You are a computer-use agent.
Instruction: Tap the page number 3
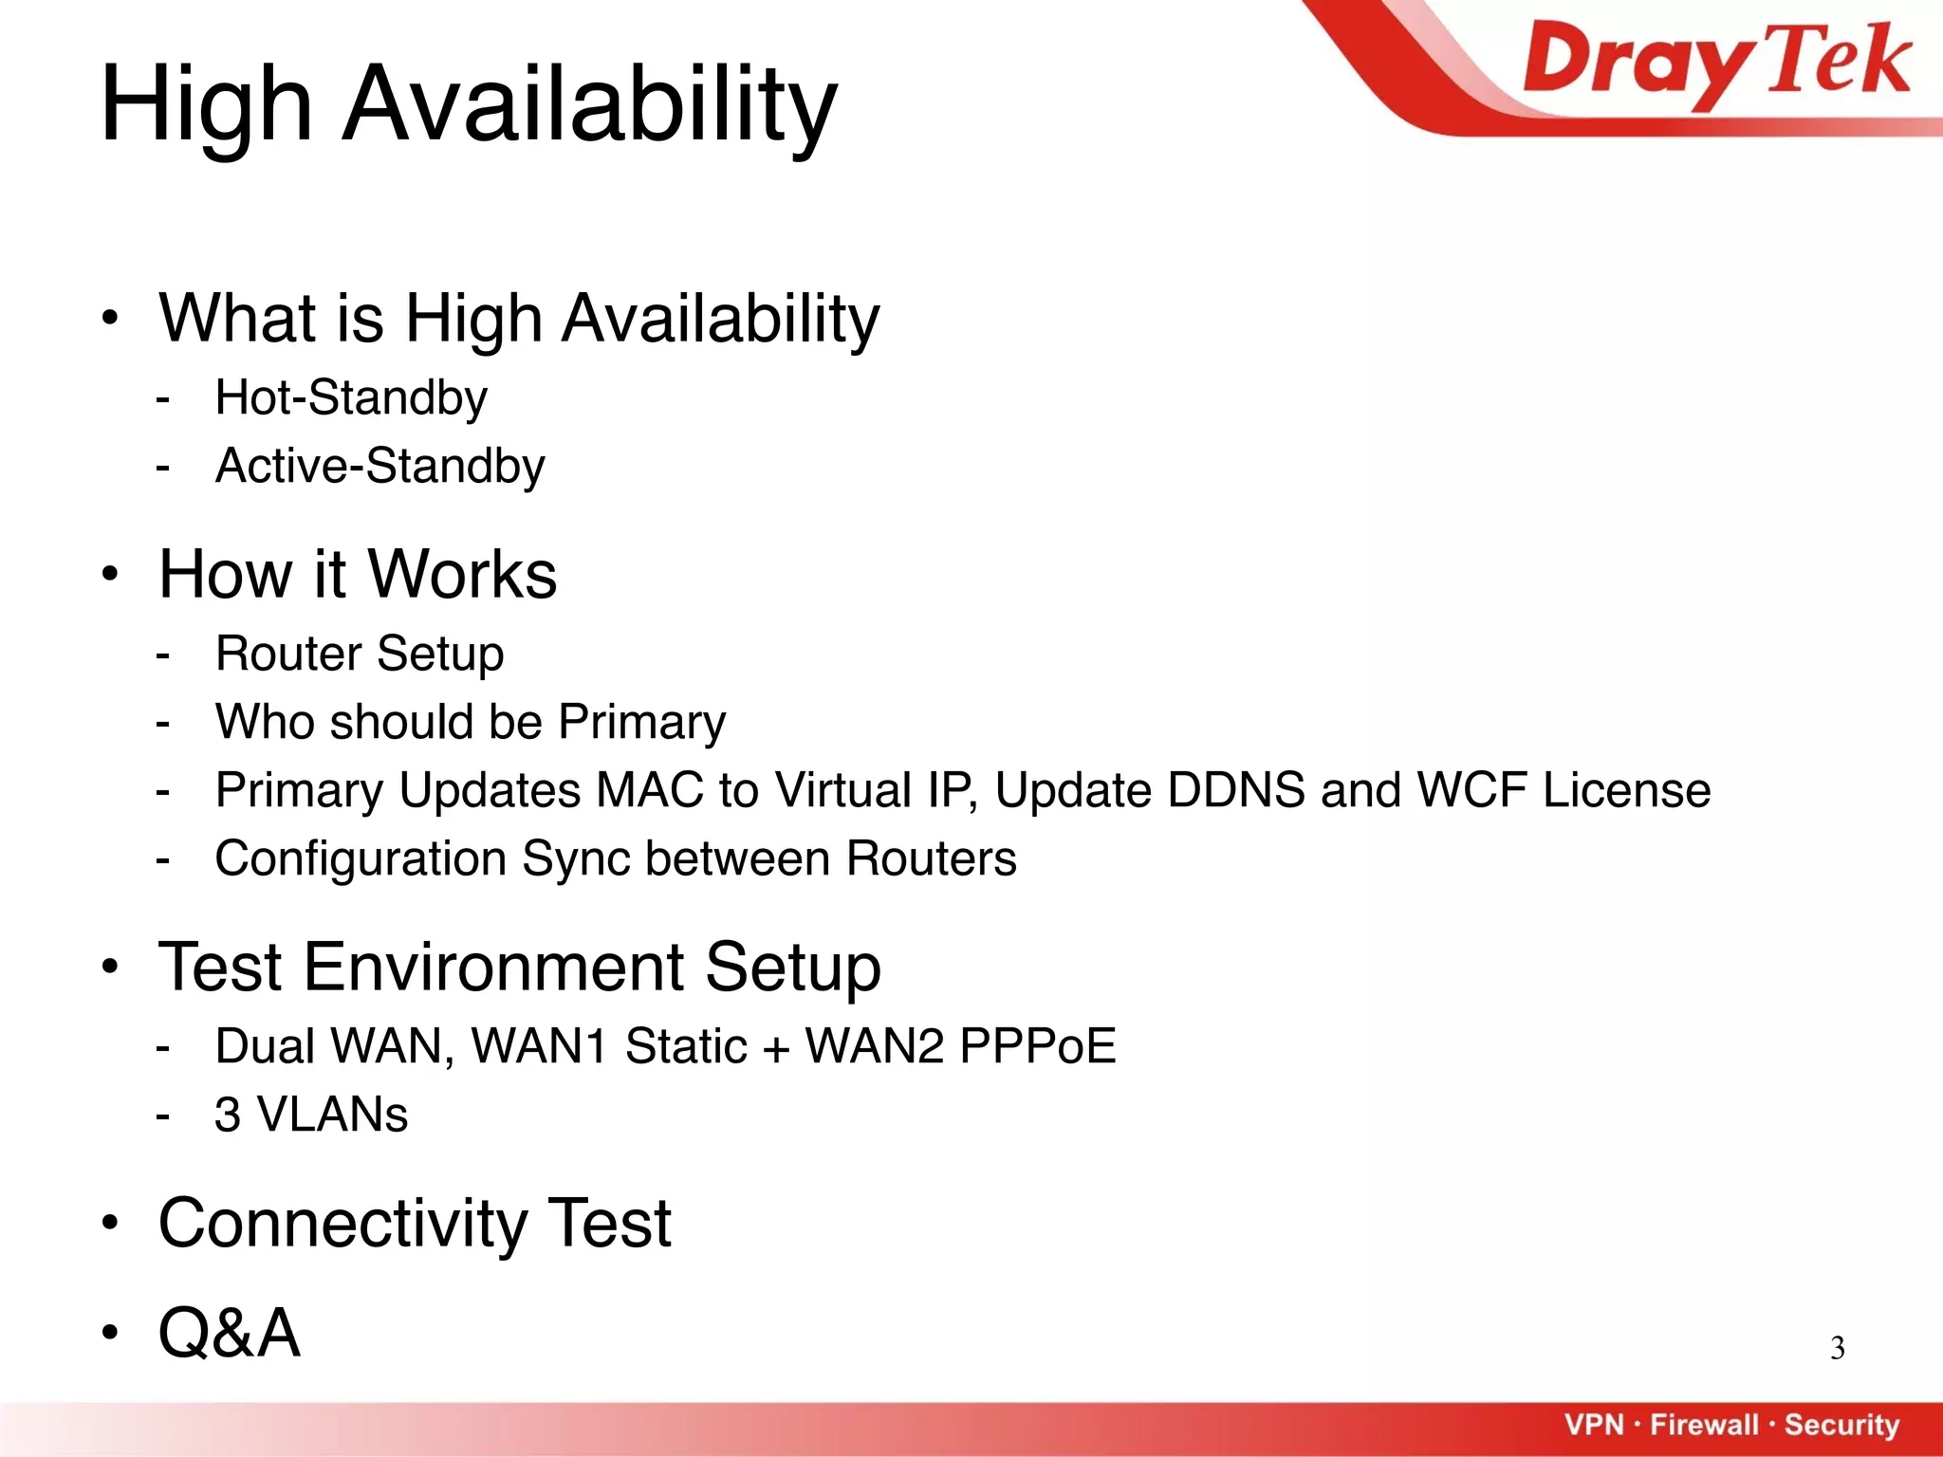pyautogui.click(x=1837, y=1348)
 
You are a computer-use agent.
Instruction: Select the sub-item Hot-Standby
pyautogui.click(x=351, y=397)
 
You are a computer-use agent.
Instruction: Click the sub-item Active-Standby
pyautogui.click(x=379, y=466)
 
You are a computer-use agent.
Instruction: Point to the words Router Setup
pyautogui.click(x=360, y=654)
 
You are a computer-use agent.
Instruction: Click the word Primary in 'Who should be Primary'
pyautogui.click(x=641, y=723)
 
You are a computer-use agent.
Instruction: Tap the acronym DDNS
pyautogui.click(x=1236, y=790)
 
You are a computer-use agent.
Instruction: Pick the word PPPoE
pyautogui.click(x=1037, y=1046)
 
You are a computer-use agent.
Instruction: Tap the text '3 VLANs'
pyautogui.click(x=311, y=1115)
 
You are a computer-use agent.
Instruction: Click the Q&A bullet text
pyautogui.click(x=230, y=1333)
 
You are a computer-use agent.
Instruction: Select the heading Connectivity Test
pyautogui.click(x=415, y=1223)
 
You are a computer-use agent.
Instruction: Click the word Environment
pyautogui.click(x=493, y=968)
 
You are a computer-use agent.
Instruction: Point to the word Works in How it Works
pyautogui.click(x=462, y=575)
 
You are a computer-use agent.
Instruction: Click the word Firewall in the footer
pyautogui.click(x=1704, y=1425)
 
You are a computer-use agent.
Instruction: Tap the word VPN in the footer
pyautogui.click(x=1594, y=1425)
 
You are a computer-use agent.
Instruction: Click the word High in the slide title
pyautogui.click(x=206, y=104)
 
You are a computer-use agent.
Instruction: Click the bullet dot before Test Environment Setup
pyautogui.click(x=111, y=968)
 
